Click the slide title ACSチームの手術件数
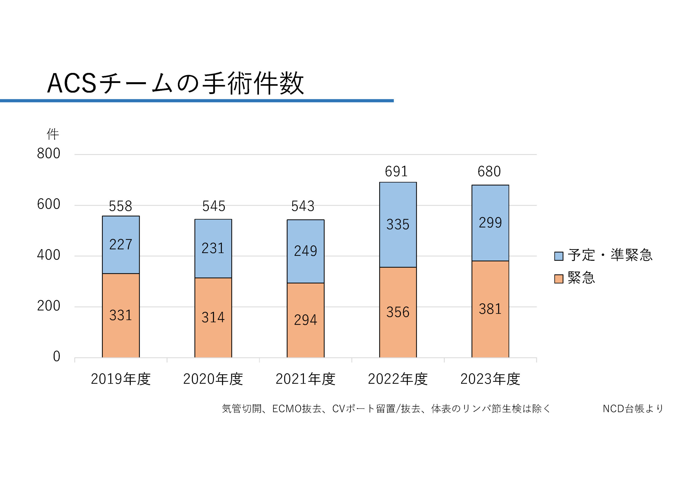click(175, 83)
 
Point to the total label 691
click(396, 172)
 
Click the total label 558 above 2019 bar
click(120, 206)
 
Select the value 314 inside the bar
click(213, 317)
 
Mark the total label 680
click(489, 172)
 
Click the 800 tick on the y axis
click(49, 153)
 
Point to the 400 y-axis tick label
click(49, 255)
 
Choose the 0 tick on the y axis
click(56, 356)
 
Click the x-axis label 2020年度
click(213, 379)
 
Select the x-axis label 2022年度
click(398, 379)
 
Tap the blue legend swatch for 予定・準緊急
click(558, 256)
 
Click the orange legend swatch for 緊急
click(558, 279)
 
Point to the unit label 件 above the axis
click(53, 134)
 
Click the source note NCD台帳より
click(633, 408)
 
